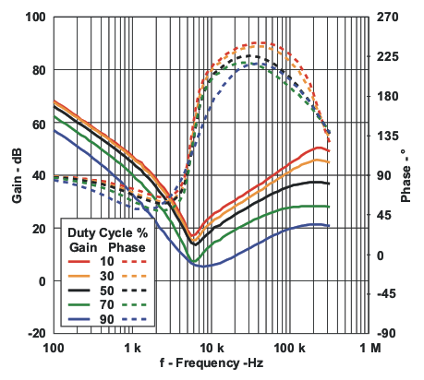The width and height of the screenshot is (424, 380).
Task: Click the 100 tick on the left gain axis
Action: (34, 17)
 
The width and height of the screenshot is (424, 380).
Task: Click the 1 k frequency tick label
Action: (132, 350)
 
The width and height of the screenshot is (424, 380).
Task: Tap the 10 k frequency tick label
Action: (212, 350)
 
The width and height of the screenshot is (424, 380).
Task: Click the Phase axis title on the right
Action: (406, 175)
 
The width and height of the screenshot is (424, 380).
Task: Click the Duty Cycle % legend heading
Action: (103, 233)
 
